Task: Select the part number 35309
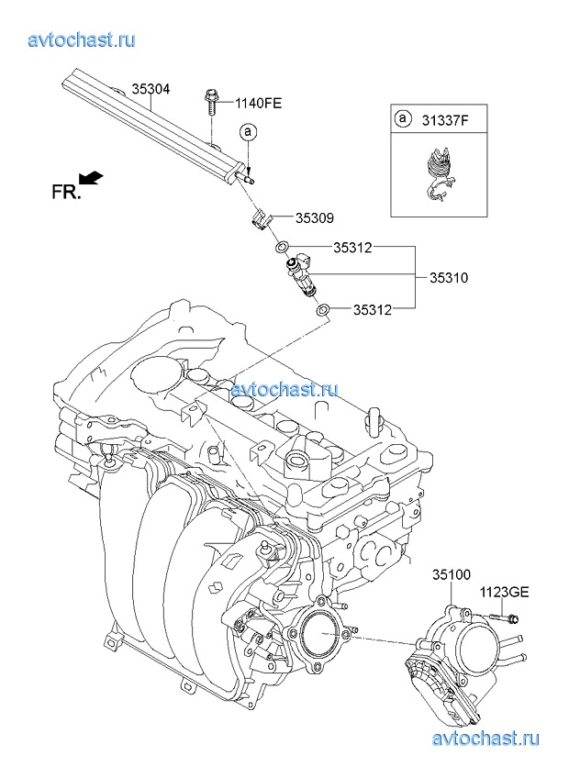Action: pyautogui.click(x=314, y=218)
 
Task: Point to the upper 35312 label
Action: pyautogui.click(x=352, y=247)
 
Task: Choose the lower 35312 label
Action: pyautogui.click(x=352, y=310)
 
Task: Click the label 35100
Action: pyautogui.click(x=452, y=575)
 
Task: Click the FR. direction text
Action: pyautogui.click(x=65, y=192)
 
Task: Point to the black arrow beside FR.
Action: pyautogui.click(x=91, y=176)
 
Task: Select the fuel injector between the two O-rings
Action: pyautogui.click(x=302, y=276)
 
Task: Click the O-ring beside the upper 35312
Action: pyautogui.click(x=283, y=247)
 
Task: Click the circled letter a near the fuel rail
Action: pyautogui.click(x=248, y=132)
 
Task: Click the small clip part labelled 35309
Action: pyautogui.click(x=259, y=218)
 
